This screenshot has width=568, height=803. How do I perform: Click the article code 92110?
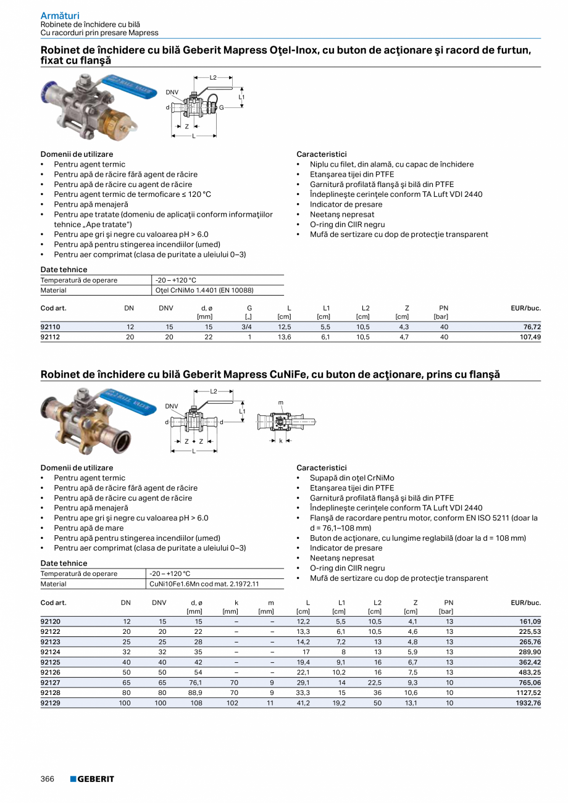51,327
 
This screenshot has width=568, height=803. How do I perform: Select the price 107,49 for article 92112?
528,337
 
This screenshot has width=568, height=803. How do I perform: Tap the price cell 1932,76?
528,702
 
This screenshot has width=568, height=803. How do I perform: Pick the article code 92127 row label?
51,682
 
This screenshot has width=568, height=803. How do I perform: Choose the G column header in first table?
249,308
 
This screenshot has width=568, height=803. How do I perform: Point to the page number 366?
48,779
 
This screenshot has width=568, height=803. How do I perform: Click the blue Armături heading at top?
60,15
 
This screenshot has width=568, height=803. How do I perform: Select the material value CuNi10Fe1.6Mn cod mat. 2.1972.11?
204,584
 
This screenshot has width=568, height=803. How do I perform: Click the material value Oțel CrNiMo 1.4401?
204,290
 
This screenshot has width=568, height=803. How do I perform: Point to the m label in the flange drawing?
281,403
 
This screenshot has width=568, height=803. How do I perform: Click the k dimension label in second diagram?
280,441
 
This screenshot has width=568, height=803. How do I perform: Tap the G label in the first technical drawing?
221,107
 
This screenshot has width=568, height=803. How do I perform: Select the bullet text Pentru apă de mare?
88,528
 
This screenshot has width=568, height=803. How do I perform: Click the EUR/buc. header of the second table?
525,602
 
